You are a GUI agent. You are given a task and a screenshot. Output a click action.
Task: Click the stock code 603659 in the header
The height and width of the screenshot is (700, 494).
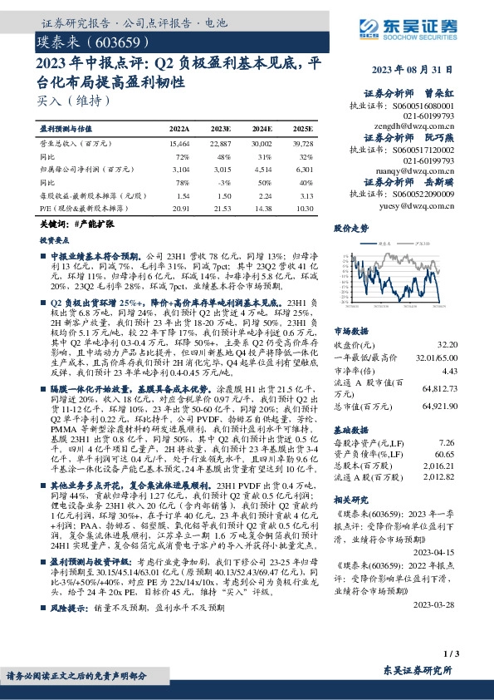[x=117, y=42]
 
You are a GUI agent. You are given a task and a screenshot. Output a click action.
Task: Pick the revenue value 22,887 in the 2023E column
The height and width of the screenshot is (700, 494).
[x=221, y=145]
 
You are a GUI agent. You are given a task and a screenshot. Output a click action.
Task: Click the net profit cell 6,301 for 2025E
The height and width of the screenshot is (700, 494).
[x=304, y=169]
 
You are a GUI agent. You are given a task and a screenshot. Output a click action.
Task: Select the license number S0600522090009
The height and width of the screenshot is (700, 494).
[x=426, y=192]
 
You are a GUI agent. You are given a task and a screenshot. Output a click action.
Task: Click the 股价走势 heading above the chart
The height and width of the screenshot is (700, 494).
[x=350, y=227]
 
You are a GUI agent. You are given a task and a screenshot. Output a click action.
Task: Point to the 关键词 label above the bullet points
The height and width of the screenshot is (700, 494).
[x=54, y=224]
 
